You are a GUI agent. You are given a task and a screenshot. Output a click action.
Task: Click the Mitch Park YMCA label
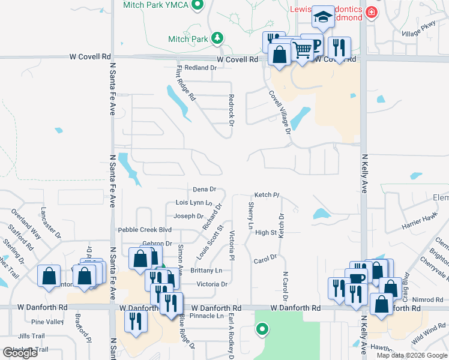(155, 5)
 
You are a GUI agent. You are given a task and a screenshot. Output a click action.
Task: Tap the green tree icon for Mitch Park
(217, 40)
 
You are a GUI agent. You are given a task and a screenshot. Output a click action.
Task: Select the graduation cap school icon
(323, 19)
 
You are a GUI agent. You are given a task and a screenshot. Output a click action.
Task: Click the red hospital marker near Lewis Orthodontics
(372, 11)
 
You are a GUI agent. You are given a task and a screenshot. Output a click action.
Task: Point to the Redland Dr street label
(200, 68)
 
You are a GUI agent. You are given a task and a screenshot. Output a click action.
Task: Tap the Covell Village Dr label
(280, 112)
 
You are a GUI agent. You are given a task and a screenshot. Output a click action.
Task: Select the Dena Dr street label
(204, 190)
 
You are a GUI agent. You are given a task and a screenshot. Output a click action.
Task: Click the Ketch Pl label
(267, 195)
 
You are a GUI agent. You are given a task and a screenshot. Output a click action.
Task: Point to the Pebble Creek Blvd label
(145, 230)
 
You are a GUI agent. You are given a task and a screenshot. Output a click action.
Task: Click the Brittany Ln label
(205, 271)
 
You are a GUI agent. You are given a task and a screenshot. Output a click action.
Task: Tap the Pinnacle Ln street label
(206, 316)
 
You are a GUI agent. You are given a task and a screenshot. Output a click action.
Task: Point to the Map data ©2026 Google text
(411, 355)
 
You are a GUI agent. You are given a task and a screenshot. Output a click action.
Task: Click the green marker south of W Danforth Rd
(262, 329)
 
